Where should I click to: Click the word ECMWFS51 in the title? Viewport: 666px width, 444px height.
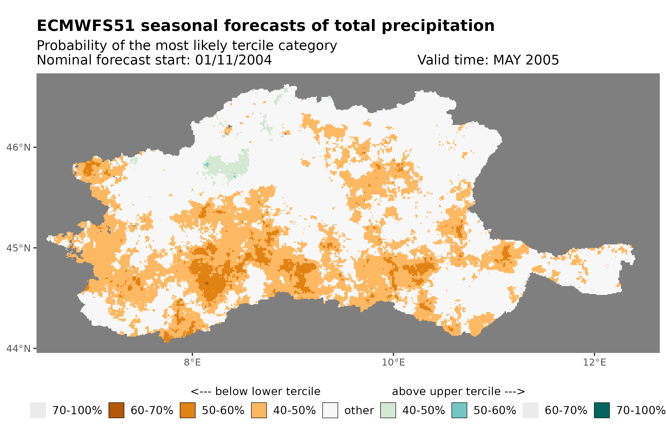click(x=85, y=26)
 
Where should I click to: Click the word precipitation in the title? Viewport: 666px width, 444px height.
click(x=437, y=26)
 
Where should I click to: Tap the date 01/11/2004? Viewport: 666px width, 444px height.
click(x=233, y=60)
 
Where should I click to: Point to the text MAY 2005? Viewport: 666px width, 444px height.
click(x=526, y=60)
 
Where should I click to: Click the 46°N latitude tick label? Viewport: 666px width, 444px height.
click(x=19, y=147)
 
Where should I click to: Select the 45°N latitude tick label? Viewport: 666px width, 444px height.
click(x=19, y=248)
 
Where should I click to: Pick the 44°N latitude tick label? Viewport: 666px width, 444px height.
click(x=19, y=349)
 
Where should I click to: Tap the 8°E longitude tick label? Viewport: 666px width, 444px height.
click(x=193, y=362)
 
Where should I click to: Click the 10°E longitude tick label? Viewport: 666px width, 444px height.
click(x=393, y=362)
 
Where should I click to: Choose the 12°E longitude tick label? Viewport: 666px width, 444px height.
click(x=594, y=362)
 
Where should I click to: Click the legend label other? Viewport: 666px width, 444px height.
click(x=359, y=411)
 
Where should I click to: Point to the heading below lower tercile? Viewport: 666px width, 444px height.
click(x=255, y=392)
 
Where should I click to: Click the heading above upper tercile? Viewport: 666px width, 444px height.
click(x=458, y=392)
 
